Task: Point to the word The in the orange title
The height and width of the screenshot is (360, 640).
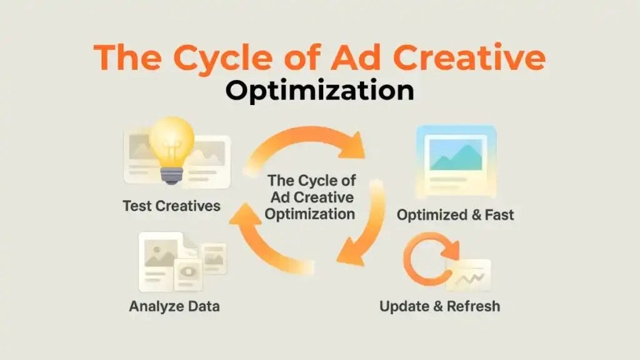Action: (127, 57)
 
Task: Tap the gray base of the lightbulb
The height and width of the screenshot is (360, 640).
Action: (171, 175)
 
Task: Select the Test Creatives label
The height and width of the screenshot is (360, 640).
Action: (171, 206)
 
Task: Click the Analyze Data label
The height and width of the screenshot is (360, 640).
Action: (174, 306)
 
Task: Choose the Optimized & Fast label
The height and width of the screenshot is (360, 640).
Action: (455, 215)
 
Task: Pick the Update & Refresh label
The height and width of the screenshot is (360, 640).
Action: (439, 306)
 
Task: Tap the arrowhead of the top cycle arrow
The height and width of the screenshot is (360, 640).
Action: (352, 145)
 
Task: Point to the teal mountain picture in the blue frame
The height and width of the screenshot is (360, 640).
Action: (456, 155)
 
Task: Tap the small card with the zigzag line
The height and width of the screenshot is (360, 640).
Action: (469, 276)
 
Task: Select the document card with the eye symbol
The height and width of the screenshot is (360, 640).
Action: (188, 274)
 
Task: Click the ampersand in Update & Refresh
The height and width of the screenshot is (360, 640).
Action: (439, 306)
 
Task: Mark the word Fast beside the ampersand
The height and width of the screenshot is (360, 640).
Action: (499, 215)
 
